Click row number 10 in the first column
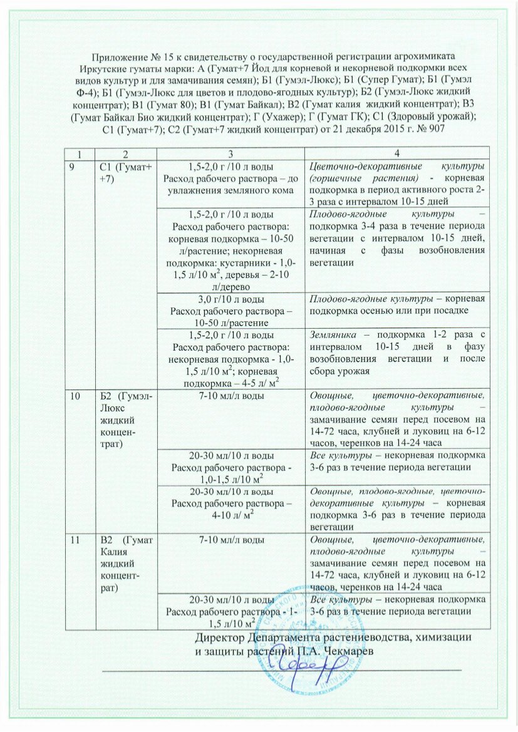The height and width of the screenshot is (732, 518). [75, 394]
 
